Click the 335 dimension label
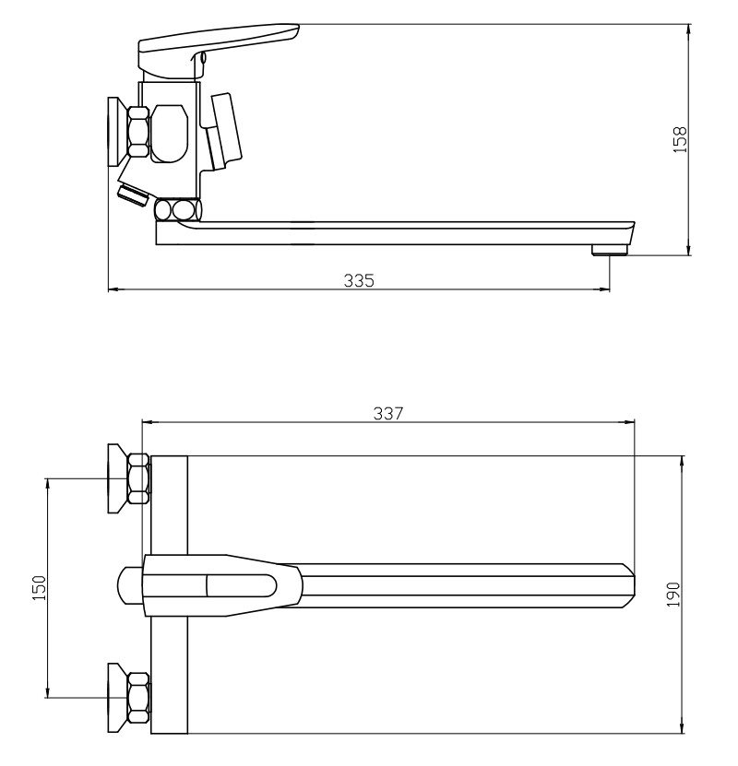359,280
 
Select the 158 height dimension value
680,140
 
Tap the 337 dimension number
388,413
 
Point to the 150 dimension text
39,588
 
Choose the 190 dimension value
673,594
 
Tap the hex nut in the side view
138,132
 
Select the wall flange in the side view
117,132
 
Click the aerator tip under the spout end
609,250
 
